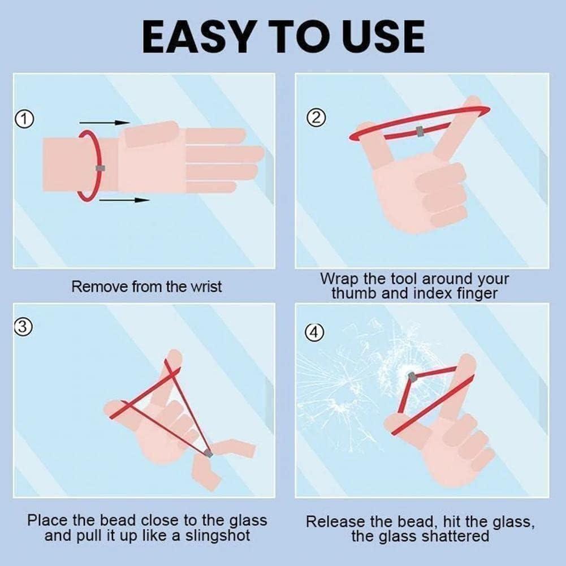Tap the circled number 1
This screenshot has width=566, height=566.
pyautogui.click(x=24, y=119)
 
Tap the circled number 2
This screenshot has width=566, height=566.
pyautogui.click(x=316, y=118)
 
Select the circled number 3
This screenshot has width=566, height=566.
pyautogui.click(x=23, y=327)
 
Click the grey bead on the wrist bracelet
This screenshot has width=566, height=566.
pyautogui.click(x=100, y=168)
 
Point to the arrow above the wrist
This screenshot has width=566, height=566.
pyautogui.click(x=104, y=122)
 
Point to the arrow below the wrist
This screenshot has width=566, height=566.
pyautogui.click(x=124, y=200)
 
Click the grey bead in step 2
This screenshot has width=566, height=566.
pyautogui.click(x=420, y=131)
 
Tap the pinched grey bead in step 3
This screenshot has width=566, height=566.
pyautogui.click(x=208, y=453)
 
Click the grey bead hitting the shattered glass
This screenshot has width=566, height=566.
pyautogui.click(x=412, y=377)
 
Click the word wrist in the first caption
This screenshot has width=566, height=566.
pyautogui.click(x=206, y=287)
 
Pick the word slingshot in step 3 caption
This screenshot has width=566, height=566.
pyautogui.click(x=218, y=535)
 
